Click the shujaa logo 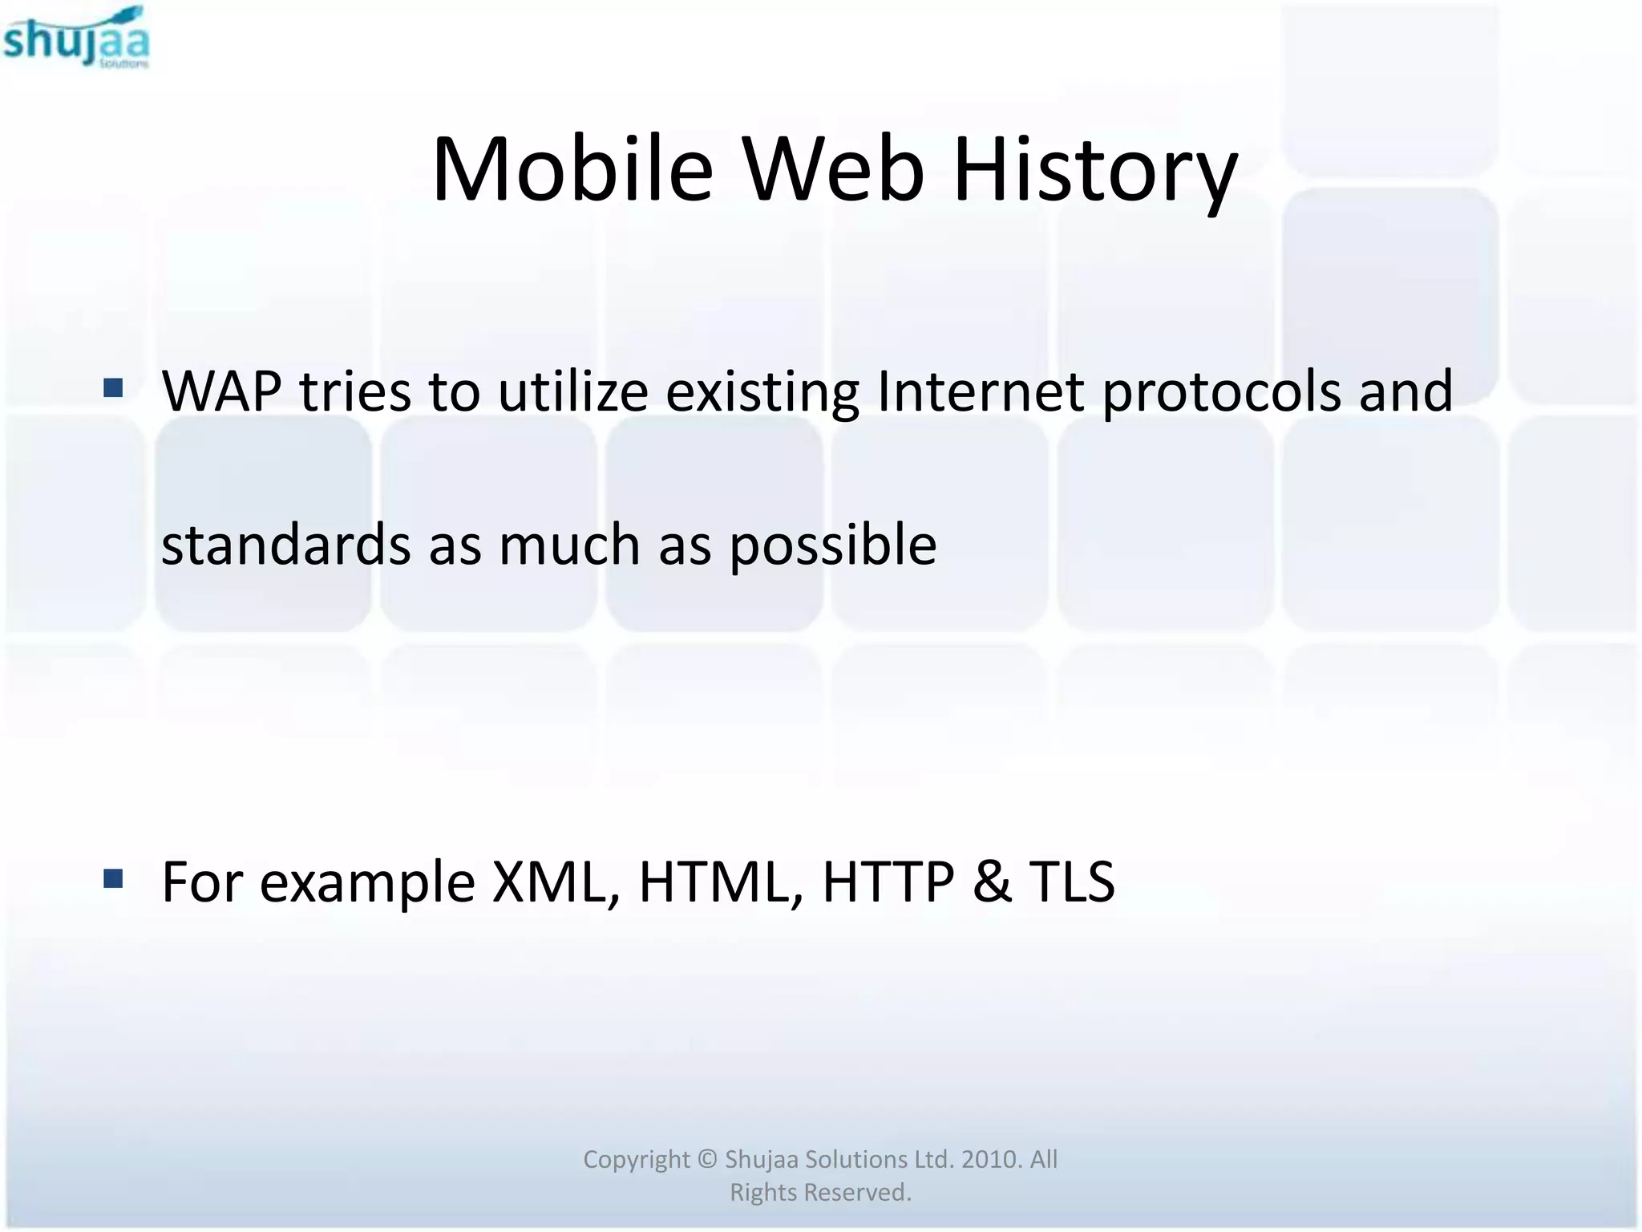point(76,38)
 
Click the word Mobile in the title point(572,170)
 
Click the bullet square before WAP point(113,389)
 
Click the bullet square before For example point(113,880)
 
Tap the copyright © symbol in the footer point(706,1159)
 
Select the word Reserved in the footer point(858,1193)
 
